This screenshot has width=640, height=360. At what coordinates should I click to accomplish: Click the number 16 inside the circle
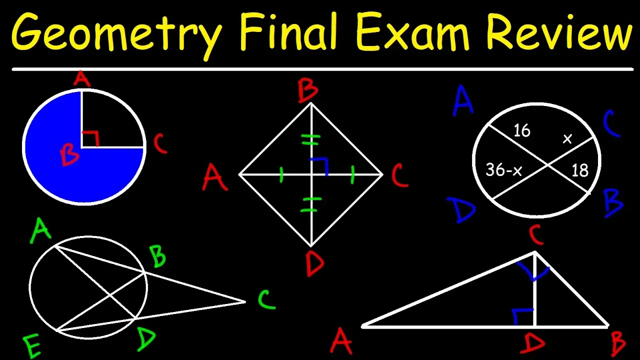tap(521, 131)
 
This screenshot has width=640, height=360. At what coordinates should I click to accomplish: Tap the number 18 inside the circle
tap(579, 171)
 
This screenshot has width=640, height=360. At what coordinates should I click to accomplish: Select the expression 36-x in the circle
tap(504, 170)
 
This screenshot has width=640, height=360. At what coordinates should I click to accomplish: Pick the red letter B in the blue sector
tap(69, 155)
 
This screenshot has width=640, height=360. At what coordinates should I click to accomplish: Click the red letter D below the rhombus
tap(314, 264)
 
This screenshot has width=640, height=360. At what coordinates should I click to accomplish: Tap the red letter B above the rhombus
tap(308, 92)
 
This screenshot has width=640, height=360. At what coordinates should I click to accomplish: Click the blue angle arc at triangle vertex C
tap(533, 273)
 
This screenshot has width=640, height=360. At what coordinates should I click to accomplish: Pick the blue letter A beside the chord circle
tap(463, 100)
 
